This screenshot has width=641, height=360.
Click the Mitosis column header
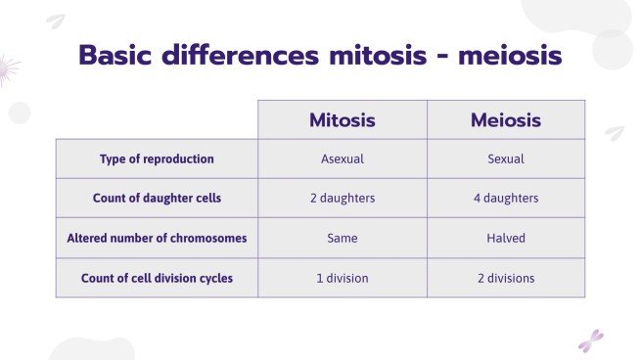click(x=342, y=120)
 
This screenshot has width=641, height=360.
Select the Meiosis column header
click(x=505, y=120)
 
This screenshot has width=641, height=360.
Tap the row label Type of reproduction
click(x=157, y=158)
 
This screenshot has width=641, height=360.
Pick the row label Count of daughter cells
click(x=157, y=198)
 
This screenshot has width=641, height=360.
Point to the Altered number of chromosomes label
click(x=157, y=238)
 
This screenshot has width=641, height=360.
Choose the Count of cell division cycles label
click(x=157, y=278)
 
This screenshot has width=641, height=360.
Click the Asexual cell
click(x=342, y=158)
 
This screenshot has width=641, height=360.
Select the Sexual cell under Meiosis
click(x=505, y=158)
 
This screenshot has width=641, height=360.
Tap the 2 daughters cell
click(x=342, y=198)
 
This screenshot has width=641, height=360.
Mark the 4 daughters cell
click(x=505, y=198)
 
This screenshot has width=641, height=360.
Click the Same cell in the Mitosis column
click(x=342, y=238)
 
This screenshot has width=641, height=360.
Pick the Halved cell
click(x=505, y=238)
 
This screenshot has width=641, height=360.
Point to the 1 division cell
click(x=342, y=278)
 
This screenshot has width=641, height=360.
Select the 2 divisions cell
click(x=505, y=278)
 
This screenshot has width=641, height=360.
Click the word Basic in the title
click(x=115, y=56)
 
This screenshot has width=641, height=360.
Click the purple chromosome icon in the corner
click(x=590, y=340)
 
